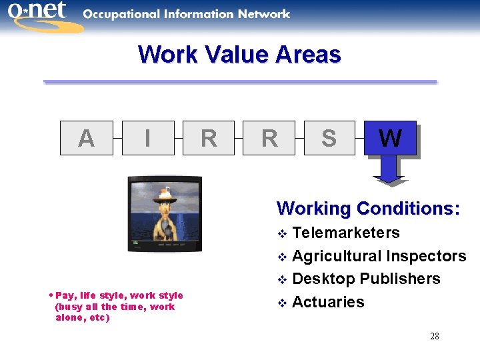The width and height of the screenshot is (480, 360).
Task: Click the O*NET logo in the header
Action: (x=41, y=15)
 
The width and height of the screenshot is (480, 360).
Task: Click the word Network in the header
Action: (x=259, y=14)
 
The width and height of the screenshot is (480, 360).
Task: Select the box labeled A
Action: (x=86, y=138)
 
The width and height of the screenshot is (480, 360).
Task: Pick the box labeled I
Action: (x=147, y=138)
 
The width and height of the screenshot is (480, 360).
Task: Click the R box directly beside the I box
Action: (x=208, y=138)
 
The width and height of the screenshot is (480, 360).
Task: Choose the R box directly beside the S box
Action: (x=269, y=138)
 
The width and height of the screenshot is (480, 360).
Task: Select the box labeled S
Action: (x=329, y=138)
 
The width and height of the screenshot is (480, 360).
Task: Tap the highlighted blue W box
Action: (x=390, y=138)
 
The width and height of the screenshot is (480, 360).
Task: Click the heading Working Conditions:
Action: (x=368, y=209)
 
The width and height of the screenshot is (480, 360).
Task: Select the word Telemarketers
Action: (x=346, y=233)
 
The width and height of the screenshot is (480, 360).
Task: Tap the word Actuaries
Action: (x=328, y=302)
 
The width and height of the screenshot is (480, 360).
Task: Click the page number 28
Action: (x=434, y=336)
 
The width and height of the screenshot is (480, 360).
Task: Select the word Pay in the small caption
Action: (x=65, y=295)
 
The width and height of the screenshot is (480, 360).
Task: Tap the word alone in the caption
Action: (x=69, y=317)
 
